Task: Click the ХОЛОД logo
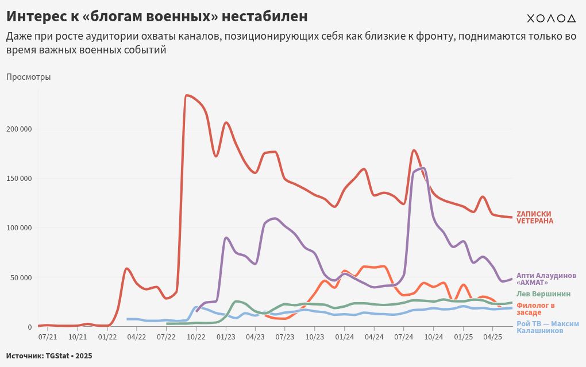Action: pyautogui.click(x=551, y=18)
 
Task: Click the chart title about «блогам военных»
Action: pyautogui.click(x=157, y=16)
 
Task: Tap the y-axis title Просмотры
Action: pyautogui.click(x=29, y=77)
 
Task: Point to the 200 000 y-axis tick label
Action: pyautogui.click(x=20, y=129)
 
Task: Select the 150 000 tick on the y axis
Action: pyautogui.click(x=20, y=178)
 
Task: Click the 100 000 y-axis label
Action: pyautogui.click(x=20, y=228)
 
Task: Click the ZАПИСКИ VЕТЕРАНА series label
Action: pyautogui.click(x=534, y=217)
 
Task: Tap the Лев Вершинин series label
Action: pyautogui.click(x=543, y=293)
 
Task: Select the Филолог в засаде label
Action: pyautogui.click(x=535, y=309)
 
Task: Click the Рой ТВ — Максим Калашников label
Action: pyautogui.click(x=548, y=327)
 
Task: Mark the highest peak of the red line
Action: pyautogui.click(x=187, y=95)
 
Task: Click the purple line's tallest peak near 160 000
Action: pyautogui.click(x=423, y=168)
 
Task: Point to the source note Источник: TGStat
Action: pyautogui.click(x=49, y=356)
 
